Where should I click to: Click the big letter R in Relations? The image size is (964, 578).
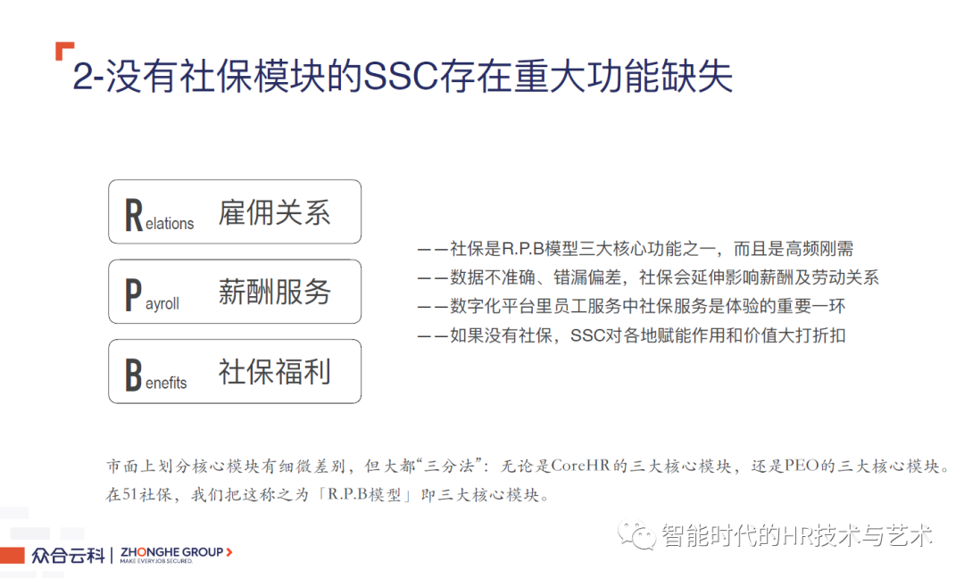134,215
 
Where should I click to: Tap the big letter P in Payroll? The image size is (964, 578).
133,295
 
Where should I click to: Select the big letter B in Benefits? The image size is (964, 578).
133,375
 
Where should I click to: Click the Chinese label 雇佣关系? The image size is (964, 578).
274,212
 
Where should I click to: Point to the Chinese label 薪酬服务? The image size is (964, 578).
274,292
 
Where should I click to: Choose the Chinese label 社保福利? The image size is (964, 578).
274,372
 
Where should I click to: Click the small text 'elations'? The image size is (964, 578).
170,224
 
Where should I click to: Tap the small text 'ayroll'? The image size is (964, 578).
162,304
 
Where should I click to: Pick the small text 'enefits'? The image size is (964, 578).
166,383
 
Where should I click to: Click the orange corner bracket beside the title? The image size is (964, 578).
64,51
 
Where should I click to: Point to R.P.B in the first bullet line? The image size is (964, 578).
523,249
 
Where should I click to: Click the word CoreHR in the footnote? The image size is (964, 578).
580,467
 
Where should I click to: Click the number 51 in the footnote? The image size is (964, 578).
130,494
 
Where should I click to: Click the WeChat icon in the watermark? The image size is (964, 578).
637,535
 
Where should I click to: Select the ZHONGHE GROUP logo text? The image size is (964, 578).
171,552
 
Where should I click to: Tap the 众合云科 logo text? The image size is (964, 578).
68,556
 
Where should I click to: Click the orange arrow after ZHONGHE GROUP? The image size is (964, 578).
229,552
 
